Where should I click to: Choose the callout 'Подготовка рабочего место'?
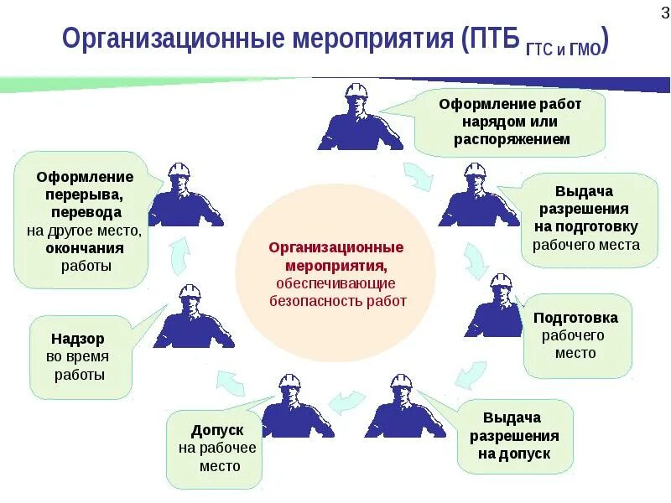576,335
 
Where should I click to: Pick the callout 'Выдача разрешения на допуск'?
516,436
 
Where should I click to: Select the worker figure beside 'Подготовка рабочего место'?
498,310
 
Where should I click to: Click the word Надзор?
78,339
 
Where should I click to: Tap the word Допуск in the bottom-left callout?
217,430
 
